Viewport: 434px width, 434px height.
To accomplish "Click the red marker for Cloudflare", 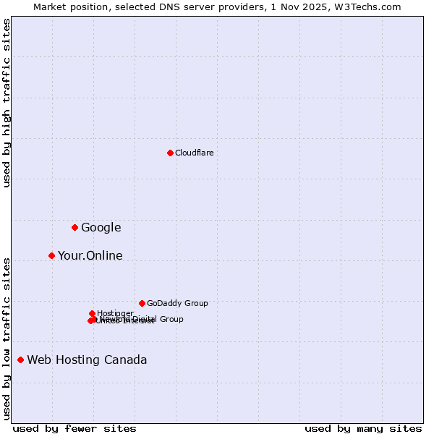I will [x=170, y=153].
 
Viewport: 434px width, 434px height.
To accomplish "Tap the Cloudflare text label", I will [x=195, y=153].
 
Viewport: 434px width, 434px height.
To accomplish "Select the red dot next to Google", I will [x=75, y=227].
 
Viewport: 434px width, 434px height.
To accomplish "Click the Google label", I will [x=101, y=228].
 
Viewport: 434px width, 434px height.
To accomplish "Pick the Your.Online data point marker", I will [x=51, y=255].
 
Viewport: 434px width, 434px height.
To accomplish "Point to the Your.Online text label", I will [x=90, y=256].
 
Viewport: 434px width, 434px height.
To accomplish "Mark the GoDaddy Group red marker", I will [x=142, y=303].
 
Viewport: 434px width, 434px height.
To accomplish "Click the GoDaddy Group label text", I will [x=177, y=304].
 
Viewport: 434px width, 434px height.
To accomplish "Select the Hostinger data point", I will [x=92, y=313].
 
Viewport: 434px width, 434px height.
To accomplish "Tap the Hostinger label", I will [x=116, y=313].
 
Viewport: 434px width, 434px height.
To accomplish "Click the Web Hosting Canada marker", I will [x=20, y=359].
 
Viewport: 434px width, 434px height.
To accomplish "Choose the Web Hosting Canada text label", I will [x=87, y=360].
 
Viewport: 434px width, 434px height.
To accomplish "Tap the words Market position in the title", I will [x=69, y=7].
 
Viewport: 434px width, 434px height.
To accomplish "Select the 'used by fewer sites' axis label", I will [x=75, y=428].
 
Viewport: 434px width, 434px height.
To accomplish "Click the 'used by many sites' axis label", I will [x=363, y=428].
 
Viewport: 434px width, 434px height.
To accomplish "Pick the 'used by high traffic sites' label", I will [x=7, y=103].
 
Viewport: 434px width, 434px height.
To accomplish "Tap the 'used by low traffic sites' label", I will [x=7, y=339].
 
